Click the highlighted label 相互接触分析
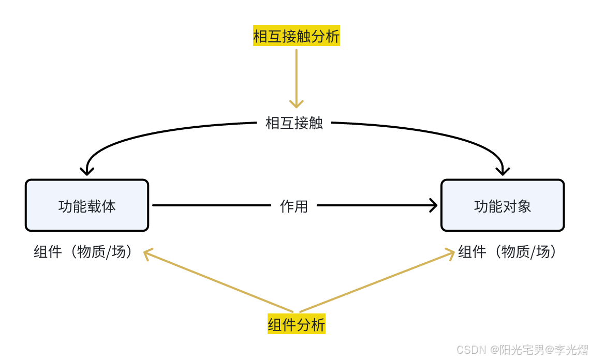(x=296, y=36)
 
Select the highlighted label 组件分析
(x=296, y=324)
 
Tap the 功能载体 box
(x=87, y=205)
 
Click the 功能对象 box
(x=502, y=205)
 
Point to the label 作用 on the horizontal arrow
(x=293, y=206)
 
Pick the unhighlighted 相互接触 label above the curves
(x=294, y=123)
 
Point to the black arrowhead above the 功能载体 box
(x=87, y=170)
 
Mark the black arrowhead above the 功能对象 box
(x=503, y=170)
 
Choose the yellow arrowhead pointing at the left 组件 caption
(x=148, y=253)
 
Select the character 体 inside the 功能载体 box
(x=109, y=206)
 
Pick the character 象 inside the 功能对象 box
(x=524, y=206)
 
